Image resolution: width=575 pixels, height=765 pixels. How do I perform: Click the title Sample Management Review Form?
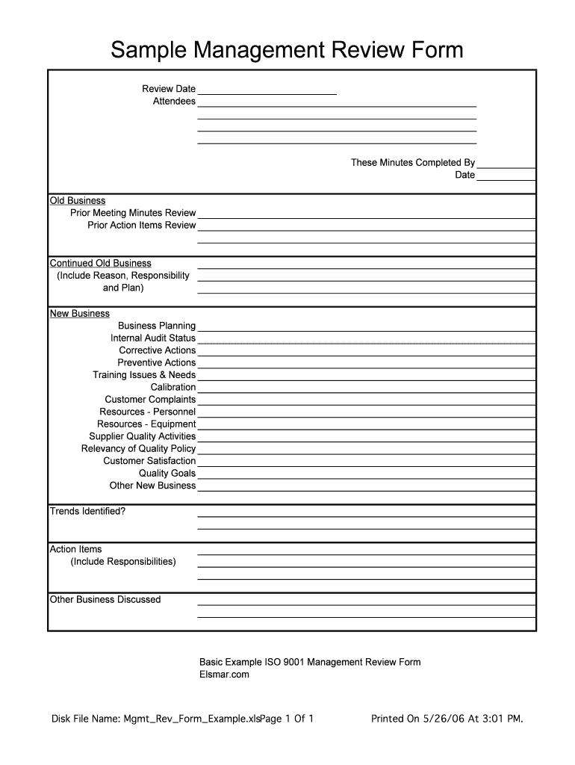pyautogui.click(x=287, y=50)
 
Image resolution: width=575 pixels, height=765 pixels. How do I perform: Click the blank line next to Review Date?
pyautogui.click(x=267, y=90)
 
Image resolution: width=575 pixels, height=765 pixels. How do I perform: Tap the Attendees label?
pyautogui.click(x=174, y=102)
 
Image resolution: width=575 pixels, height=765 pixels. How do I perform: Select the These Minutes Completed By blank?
pyautogui.click(x=506, y=164)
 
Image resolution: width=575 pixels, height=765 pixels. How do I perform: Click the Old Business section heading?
pyautogui.click(x=78, y=201)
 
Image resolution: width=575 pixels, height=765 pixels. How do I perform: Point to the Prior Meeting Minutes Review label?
pyautogui.click(x=133, y=213)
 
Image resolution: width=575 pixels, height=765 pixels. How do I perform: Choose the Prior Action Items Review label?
pyautogui.click(x=142, y=226)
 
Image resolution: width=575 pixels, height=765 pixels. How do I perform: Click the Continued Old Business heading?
pyautogui.click(x=100, y=264)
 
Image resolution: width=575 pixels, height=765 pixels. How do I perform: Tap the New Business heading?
pyautogui.click(x=80, y=314)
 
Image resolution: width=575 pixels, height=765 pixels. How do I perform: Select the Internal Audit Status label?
pyautogui.click(x=153, y=338)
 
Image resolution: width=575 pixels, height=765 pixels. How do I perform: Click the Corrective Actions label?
pyautogui.click(x=157, y=350)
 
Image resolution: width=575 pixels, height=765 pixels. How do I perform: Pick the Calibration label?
pyautogui.click(x=173, y=387)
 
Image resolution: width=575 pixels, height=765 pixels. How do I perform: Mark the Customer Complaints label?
pyautogui.click(x=150, y=400)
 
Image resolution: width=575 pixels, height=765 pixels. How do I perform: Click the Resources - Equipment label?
pyautogui.click(x=146, y=424)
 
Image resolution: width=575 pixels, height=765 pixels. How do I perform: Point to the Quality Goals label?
pyautogui.click(x=167, y=473)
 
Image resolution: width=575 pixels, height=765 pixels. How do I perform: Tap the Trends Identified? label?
pyautogui.click(x=87, y=512)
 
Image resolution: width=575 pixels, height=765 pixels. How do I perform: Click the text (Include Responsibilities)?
pyautogui.click(x=123, y=562)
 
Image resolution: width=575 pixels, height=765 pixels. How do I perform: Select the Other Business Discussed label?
pyautogui.click(x=105, y=600)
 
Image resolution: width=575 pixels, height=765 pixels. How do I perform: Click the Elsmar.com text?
pyautogui.click(x=224, y=675)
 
